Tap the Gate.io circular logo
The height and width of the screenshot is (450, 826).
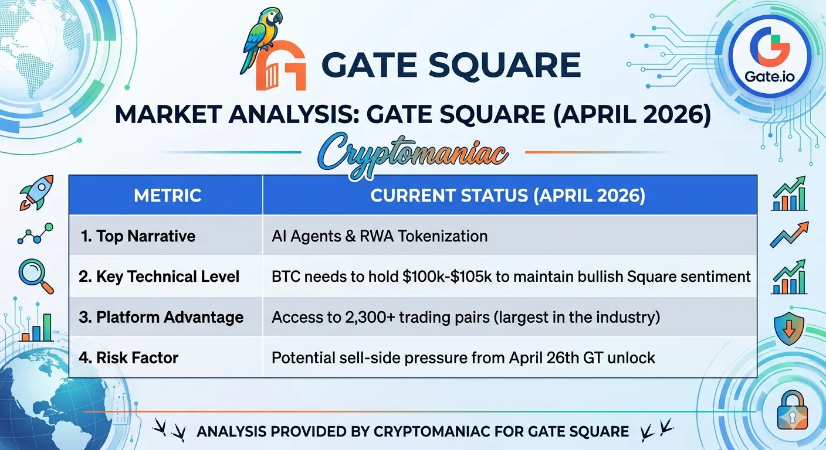(x=769, y=56)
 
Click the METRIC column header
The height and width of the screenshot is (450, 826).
(x=167, y=195)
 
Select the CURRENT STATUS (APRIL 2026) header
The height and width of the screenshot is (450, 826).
(x=508, y=195)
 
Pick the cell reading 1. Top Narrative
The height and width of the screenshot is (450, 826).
(x=138, y=236)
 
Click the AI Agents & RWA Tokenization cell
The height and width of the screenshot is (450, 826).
(x=380, y=236)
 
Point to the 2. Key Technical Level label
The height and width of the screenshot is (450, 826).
(x=159, y=277)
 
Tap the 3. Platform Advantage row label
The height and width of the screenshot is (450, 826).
(x=161, y=317)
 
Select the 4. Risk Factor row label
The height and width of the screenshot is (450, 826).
(x=128, y=357)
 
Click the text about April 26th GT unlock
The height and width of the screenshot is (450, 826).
(x=463, y=357)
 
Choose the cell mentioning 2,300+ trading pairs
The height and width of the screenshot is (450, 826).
(x=466, y=317)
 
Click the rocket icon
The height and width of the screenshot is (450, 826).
(x=36, y=193)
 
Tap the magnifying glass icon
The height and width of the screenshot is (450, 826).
(x=36, y=277)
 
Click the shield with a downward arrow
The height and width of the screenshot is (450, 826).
(x=789, y=328)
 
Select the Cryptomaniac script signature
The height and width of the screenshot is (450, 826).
(x=412, y=155)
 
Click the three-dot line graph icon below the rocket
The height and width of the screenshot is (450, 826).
(x=35, y=233)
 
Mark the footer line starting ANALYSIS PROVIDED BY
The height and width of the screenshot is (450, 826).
(x=412, y=431)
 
